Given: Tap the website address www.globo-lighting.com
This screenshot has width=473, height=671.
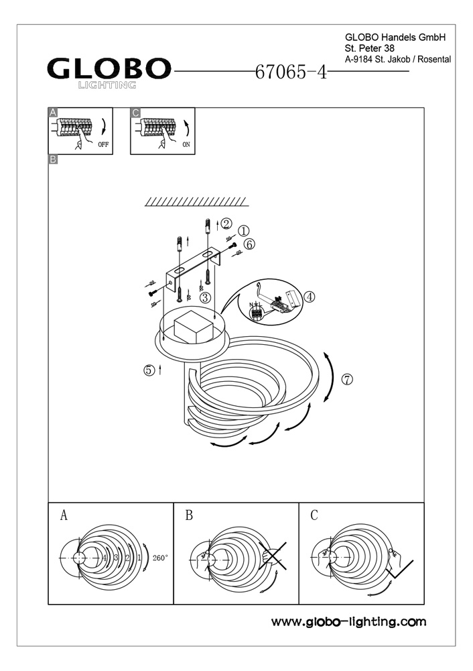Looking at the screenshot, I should [x=348, y=622].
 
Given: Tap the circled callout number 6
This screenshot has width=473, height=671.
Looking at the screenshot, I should [x=249, y=245].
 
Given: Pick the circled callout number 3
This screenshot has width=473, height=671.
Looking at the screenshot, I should [x=205, y=297].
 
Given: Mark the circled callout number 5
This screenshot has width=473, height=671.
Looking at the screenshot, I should [x=149, y=370].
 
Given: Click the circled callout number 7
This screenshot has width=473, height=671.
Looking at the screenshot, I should [x=346, y=379].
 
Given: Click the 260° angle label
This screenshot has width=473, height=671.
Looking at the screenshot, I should [x=160, y=558].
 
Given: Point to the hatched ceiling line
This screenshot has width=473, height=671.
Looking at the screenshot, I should [x=196, y=201].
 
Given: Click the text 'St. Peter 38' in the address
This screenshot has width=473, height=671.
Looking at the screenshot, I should [x=370, y=49].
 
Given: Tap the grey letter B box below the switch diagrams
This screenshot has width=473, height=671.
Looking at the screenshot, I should [x=53, y=160].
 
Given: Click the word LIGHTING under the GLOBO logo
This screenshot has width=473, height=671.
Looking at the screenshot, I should [x=108, y=85].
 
